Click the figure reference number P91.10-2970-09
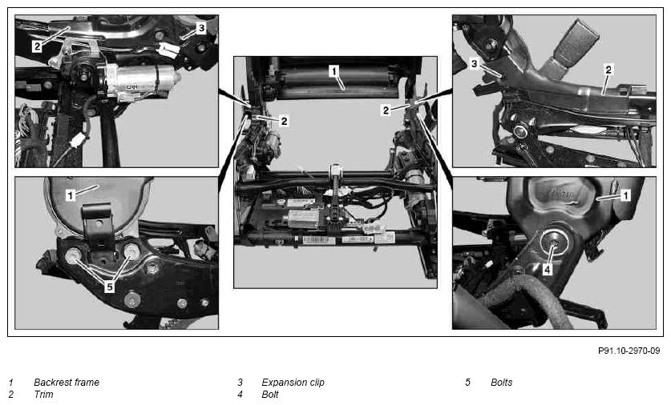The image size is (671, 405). click(629, 351)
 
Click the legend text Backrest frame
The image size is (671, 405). click(67, 383)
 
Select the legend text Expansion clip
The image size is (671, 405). click(293, 383)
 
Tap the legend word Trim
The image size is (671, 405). click(43, 395)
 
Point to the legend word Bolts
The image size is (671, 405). click(502, 383)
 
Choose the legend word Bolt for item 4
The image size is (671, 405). click(270, 395)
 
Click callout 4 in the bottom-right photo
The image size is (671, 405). click(548, 269)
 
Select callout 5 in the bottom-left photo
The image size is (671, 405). click(110, 287)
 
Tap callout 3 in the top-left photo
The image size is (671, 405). click(201, 28)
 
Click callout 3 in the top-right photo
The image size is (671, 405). click(474, 64)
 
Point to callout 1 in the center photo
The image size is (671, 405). click(334, 71)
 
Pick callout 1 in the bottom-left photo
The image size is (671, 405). click(71, 195)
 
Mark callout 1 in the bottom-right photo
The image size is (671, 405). click(625, 195)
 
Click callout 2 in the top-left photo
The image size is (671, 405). click(37, 46)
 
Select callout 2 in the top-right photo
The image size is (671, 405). click(608, 69)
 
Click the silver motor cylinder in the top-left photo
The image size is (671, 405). click(141, 80)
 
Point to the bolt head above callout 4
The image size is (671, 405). click(553, 243)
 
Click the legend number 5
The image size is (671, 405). click(467, 383)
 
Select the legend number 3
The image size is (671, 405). click(240, 383)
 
